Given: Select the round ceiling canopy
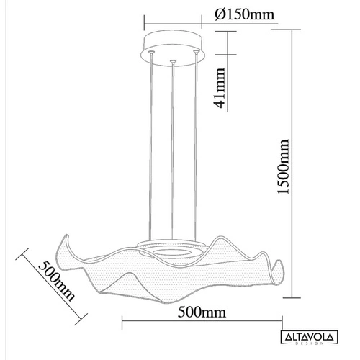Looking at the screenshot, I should tap(173, 45).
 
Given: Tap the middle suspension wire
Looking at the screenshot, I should tap(173, 144).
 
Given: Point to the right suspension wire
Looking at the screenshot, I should tap(197, 144).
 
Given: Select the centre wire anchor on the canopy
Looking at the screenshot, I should tap(174, 62).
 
